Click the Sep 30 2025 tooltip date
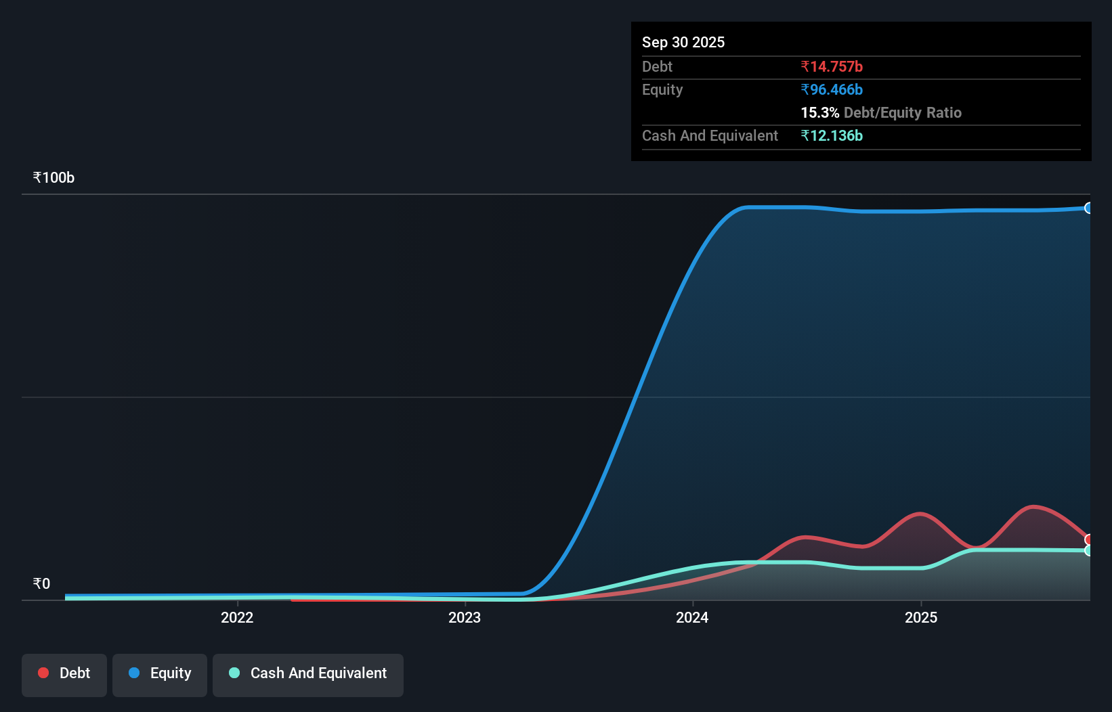pyautogui.click(x=683, y=42)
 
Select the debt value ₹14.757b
pyautogui.click(x=831, y=66)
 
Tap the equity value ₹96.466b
pyautogui.click(x=831, y=89)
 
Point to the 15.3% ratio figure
pyautogui.click(x=819, y=112)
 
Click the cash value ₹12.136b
pyautogui.click(x=831, y=135)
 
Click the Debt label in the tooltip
pyautogui.click(x=657, y=66)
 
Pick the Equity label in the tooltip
pyautogui.click(x=662, y=89)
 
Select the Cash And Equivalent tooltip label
pyautogui.click(x=710, y=135)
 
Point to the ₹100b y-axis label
pyautogui.click(x=54, y=177)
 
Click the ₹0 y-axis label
pyautogui.click(x=41, y=583)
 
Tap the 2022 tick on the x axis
pyautogui.click(x=237, y=617)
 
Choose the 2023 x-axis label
pyautogui.click(x=465, y=617)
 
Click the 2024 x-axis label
pyautogui.click(x=692, y=617)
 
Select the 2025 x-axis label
pyautogui.click(x=921, y=617)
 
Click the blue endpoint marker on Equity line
pyautogui.click(x=1088, y=208)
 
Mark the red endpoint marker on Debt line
pyautogui.click(x=1088, y=539)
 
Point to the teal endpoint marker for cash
pyautogui.click(x=1088, y=551)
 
